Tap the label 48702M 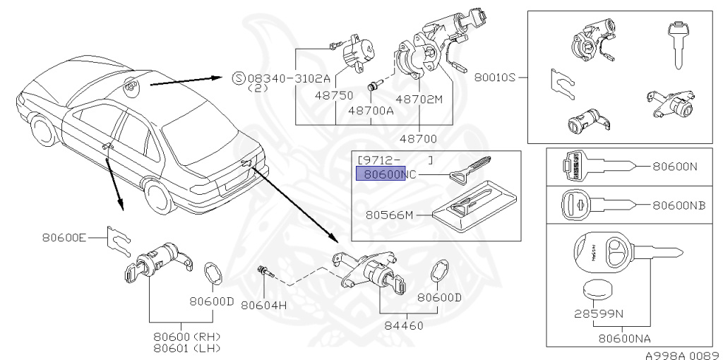[419, 100]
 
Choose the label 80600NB [679, 205]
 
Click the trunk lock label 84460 [407, 327]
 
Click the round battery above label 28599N [598, 289]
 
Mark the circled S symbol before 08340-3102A [238, 78]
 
